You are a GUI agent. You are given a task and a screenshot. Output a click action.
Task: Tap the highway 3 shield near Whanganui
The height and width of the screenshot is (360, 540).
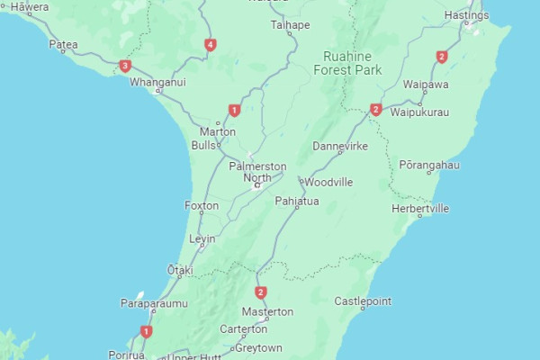tap(125, 66)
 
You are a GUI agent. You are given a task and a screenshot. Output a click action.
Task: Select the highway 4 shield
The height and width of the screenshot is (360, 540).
tap(210, 44)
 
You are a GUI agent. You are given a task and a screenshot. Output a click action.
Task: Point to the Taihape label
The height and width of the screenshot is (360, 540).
tap(290, 25)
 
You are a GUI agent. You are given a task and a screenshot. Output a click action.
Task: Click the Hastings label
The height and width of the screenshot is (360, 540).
tap(466, 16)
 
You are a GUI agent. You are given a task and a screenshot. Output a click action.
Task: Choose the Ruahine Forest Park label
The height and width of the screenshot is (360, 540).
tap(346, 62)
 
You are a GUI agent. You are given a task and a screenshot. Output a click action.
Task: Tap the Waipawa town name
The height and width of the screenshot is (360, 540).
tap(426, 84)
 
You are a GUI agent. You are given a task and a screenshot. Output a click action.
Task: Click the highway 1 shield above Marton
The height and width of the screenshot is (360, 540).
tap(234, 111)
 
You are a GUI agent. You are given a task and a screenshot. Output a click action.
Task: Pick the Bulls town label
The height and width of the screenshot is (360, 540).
tap(203, 145)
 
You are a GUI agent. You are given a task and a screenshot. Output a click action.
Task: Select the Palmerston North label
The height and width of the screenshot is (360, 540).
tap(257, 172)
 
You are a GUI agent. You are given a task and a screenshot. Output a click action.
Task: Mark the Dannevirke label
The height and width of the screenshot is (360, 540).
tap(340, 146)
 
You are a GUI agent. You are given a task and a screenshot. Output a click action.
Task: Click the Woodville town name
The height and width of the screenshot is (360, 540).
tap(328, 182)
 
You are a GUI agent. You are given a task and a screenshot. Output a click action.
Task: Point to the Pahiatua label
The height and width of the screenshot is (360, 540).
tap(297, 201)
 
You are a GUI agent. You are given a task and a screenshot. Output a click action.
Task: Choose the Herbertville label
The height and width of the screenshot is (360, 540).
tap(420, 208)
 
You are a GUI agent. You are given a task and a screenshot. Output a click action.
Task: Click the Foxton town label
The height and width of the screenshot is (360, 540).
tap(201, 206)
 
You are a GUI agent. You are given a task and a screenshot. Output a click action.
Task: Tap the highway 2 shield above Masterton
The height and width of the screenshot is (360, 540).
tap(261, 292)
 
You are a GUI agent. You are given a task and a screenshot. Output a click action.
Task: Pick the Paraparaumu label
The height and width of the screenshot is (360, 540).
tap(154, 304)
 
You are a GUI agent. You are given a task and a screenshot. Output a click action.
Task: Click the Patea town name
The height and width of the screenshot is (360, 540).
tap(63, 44)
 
